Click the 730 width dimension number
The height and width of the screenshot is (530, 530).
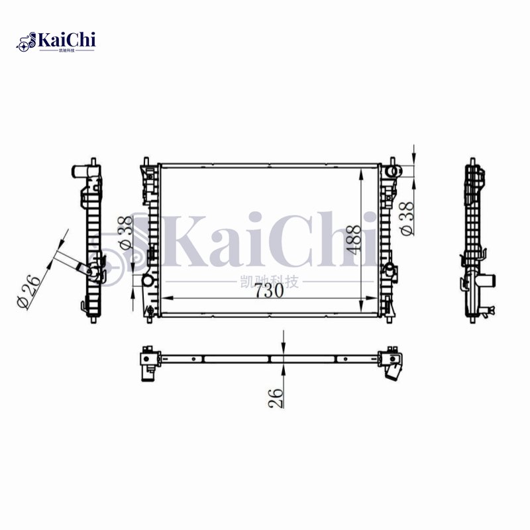(x=265, y=290)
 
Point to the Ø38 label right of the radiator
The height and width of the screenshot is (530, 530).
(x=407, y=217)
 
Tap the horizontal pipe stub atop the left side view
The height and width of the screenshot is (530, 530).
(x=81, y=172)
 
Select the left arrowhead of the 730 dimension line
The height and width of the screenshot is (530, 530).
(x=166, y=298)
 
